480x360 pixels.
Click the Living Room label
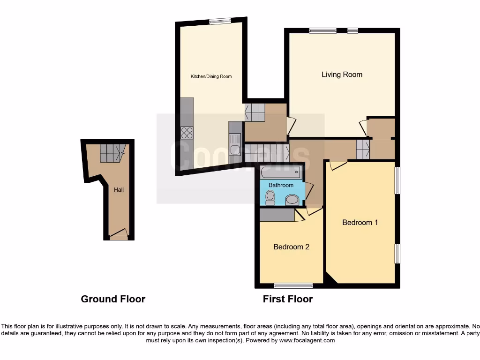coord(342,75)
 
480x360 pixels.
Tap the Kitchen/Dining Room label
coord(210,76)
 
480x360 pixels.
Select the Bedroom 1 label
coord(360,222)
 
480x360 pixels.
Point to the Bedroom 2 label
coord(291,247)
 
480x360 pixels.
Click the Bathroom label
coord(281,185)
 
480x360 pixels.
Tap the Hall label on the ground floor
coord(119,190)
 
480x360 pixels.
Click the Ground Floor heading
coord(113,299)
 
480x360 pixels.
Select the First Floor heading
coord(287,299)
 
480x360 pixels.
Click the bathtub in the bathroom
coord(281,173)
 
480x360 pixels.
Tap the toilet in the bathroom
coord(270,198)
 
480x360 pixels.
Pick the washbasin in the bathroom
coord(292,200)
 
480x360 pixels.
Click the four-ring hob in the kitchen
coord(187,133)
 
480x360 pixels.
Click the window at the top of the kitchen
coord(220,21)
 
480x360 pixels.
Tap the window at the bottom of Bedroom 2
coord(293,285)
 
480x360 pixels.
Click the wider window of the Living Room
coord(322,31)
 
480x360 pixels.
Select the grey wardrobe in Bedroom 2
coord(277,215)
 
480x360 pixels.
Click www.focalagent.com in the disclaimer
coord(307,341)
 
